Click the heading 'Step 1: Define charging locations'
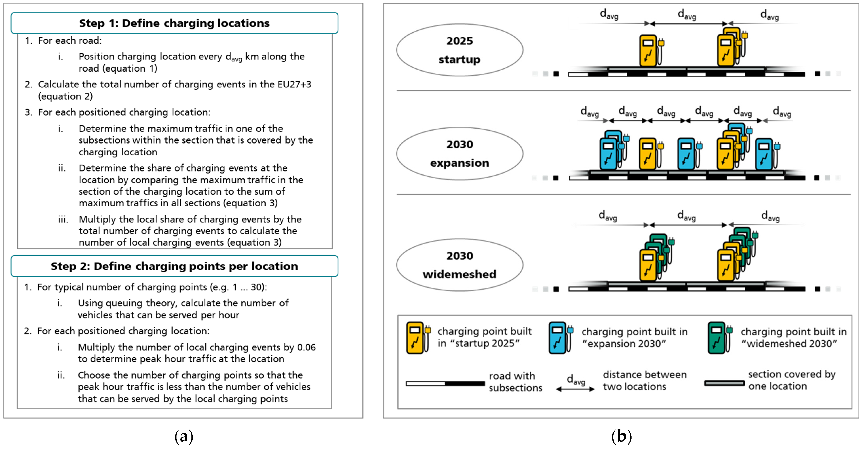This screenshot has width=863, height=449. coord(174,23)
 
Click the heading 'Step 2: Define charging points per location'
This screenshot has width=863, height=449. coord(174,266)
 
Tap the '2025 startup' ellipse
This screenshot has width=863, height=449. coord(459,50)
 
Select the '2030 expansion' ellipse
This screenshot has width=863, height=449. coord(459,154)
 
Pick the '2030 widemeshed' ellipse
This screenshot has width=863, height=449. coord(459,265)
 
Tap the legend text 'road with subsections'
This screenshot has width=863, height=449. coord(515,382)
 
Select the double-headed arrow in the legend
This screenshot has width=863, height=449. coord(575,389)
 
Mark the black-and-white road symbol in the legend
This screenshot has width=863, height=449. coord(445,383)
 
